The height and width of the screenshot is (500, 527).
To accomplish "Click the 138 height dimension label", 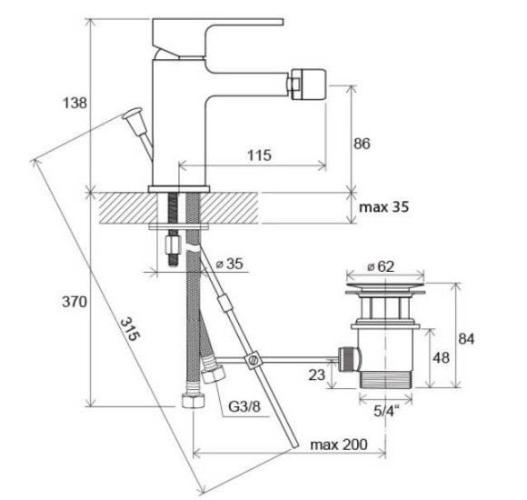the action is click(x=75, y=103).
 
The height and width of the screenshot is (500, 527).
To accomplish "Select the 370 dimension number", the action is click(x=75, y=302).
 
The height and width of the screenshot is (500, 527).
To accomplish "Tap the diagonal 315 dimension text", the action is click(x=129, y=329).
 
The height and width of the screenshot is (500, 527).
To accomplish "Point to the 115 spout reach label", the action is click(x=259, y=155).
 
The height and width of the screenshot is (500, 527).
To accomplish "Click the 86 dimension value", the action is click(x=362, y=144).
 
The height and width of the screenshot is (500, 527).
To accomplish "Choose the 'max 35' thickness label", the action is click(x=383, y=206).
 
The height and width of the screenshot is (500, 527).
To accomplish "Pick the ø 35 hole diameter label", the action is click(x=229, y=264).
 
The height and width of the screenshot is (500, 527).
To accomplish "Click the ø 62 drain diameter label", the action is click(x=381, y=266).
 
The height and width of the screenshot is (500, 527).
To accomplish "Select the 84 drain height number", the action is click(x=466, y=339).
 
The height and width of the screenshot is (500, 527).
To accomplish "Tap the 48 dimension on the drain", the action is click(x=441, y=358).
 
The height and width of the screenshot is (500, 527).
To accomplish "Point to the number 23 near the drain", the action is click(x=316, y=375).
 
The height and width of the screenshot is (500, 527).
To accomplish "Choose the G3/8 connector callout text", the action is click(x=244, y=407).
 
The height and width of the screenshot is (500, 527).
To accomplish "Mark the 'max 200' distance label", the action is click(x=339, y=445).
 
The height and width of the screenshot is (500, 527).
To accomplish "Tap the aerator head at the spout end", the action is click(x=309, y=84).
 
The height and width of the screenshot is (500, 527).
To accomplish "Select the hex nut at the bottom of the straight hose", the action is click(x=194, y=401).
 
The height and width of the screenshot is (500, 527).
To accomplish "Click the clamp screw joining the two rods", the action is click(x=253, y=360).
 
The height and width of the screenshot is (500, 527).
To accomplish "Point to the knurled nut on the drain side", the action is click(x=349, y=359).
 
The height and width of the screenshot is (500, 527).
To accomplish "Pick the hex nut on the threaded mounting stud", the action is click(x=173, y=245).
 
